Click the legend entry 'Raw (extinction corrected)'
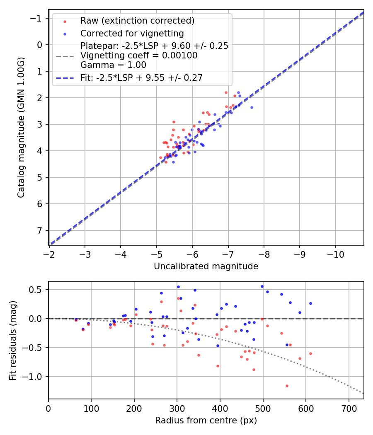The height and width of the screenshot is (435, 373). point(137,21)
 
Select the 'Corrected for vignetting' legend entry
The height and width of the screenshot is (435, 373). point(132,33)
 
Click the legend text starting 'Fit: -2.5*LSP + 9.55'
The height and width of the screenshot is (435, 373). point(141,77)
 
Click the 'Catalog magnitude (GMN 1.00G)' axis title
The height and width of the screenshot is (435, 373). point(21,127)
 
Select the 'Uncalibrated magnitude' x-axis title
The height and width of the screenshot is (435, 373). point(206,266)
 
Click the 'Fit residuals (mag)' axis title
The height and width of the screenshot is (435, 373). point(13,340)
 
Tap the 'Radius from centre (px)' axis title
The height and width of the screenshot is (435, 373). point(206,420)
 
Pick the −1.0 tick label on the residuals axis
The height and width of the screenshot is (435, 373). point(33,377)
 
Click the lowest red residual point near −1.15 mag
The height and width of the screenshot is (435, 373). point(287,386)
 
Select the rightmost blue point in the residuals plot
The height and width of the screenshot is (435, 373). point(310,303)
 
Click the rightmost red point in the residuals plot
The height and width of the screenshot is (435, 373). point(310,353)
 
